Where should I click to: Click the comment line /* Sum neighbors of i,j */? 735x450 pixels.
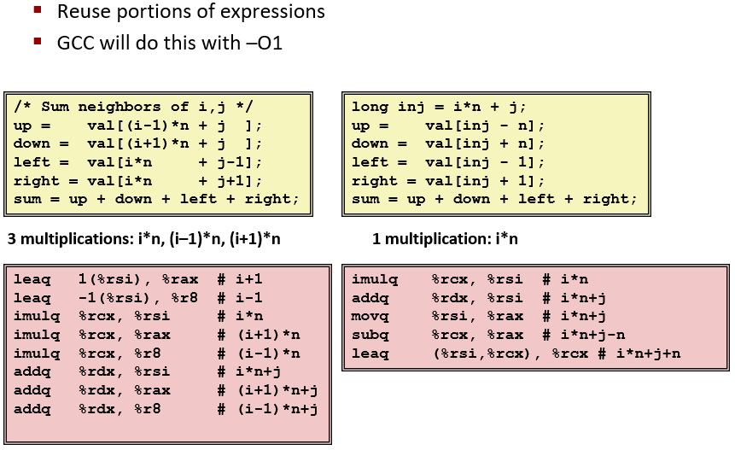tap(133, 107)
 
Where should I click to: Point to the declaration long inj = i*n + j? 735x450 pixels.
tap(439, 107)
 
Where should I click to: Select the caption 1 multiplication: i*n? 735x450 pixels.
tap(445, 239)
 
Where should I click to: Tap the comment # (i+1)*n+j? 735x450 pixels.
tap(267, 390)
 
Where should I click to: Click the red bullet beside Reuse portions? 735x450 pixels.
tap(38, 11)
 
